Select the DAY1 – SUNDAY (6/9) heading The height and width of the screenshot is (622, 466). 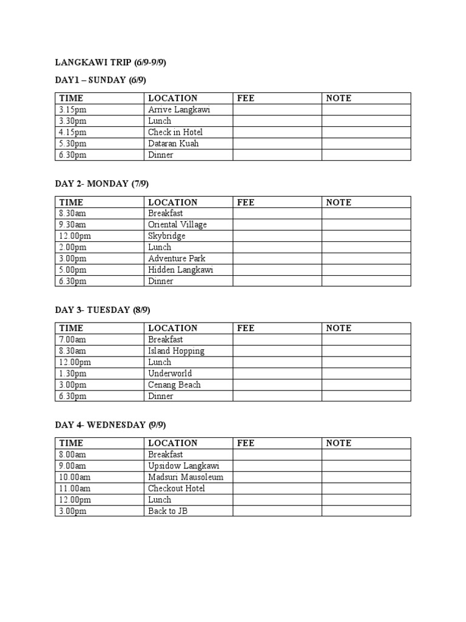pos(101,80)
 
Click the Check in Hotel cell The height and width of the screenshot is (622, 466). pos(175,132)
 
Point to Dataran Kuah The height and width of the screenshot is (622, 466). pos(174,143)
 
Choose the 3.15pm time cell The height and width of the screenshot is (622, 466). pos(73,109)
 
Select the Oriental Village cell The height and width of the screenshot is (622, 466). pos(177,225)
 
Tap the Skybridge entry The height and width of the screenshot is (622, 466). pos(167,236)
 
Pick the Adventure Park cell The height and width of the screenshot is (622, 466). pos(177,258)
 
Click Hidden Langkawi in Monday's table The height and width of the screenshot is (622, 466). pos(181,270)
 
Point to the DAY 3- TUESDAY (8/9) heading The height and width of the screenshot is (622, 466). pos(103,310)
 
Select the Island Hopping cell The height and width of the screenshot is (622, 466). pos(176,350)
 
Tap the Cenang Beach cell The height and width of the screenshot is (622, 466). pos(174,384)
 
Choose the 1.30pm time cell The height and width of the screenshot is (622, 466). pos(73,374)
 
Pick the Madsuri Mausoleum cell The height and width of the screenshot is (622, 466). pos(186,477)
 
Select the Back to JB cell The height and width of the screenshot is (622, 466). pos(168,511)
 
